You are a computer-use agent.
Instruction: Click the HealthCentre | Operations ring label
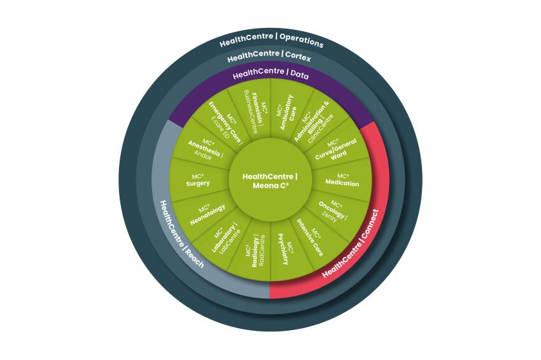(271, 39)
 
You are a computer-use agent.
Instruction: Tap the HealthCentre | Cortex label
(269, 56)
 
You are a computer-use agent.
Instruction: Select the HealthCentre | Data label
(270, 73)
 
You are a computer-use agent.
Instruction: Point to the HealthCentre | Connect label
(351, 244)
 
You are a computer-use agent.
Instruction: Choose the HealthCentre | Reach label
(182, 234)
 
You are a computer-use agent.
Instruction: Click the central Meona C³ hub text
(270, 181)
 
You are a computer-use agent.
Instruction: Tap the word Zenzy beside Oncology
(329, 216)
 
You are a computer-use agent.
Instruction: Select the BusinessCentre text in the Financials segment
(251, 112)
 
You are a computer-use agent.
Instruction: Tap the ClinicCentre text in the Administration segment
(321, 128)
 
